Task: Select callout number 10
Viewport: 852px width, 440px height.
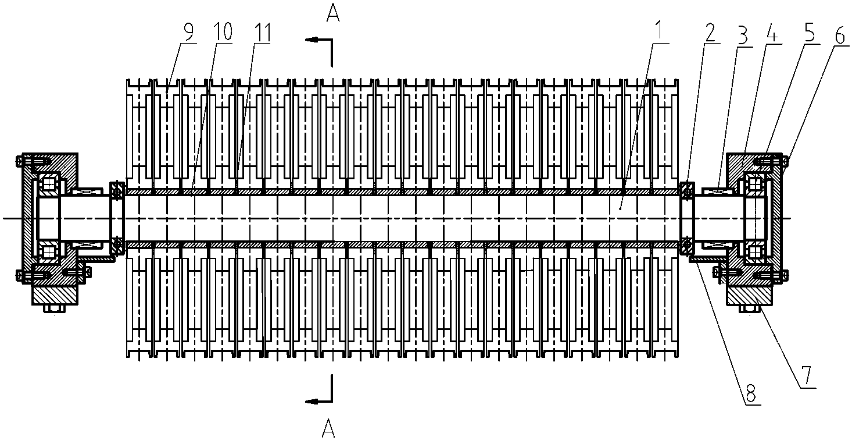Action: click(223, 32)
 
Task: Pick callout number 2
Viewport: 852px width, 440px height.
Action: click(710, 33)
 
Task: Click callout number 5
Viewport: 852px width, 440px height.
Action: click(809, 34)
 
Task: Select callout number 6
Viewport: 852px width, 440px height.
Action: click(840, 36)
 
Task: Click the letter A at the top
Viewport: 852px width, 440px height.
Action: click(333, 14)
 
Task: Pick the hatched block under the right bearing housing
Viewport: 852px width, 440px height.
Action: click(749, 296)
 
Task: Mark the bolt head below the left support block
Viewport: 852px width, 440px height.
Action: click(55, 308)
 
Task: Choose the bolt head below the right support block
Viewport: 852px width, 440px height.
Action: click(750, 308)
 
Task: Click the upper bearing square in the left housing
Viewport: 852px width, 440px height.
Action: click(49, 185)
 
